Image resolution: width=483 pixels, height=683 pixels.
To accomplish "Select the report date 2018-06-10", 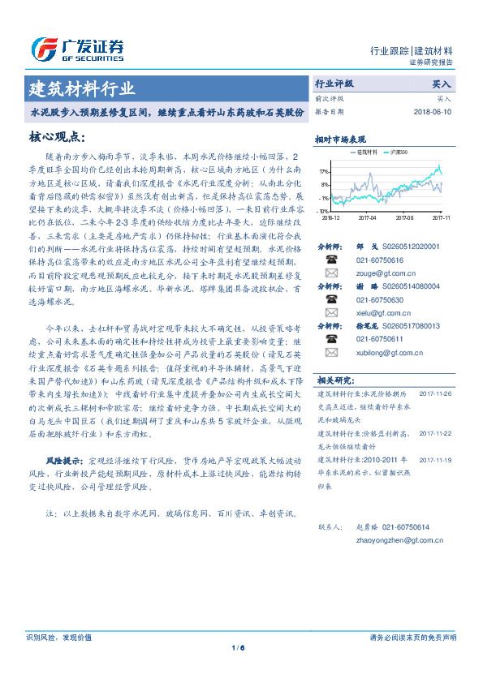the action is tap(433, 112).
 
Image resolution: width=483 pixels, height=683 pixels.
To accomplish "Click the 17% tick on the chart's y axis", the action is tap(324, 172).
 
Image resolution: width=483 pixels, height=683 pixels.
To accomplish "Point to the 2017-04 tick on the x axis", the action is tap(367, 217).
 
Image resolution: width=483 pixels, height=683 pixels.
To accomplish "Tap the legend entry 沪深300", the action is tap(399, 152).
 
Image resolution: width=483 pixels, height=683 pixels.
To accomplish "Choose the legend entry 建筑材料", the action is tap(361, 152).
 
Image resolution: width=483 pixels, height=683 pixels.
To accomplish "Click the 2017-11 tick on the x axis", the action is tap(441, 217).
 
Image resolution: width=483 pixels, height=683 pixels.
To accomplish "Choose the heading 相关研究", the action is tap(333, 402).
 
